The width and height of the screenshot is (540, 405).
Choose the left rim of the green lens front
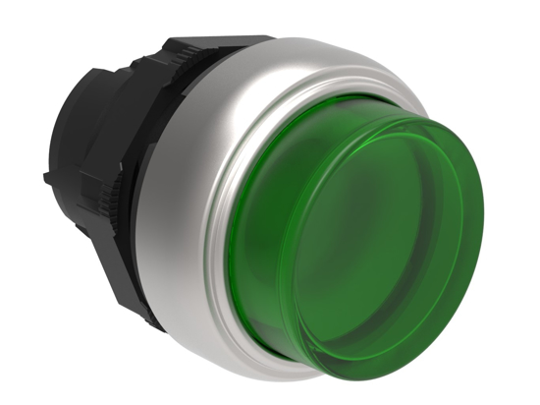285,256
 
